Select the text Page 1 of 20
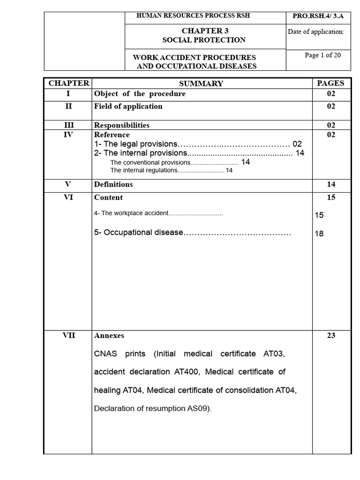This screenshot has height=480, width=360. coord(322,55)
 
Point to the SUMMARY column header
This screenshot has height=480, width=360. coord(201,83)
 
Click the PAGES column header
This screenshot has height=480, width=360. coord(330,83)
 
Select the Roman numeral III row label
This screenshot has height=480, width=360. coord(68,125)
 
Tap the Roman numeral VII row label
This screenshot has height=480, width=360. coord(68,336)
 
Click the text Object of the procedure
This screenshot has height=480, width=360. coord(140,94)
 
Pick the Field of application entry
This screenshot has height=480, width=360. coord(128,106)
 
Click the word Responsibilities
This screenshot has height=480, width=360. coord(122,125)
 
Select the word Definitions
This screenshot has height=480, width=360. coord(113,184)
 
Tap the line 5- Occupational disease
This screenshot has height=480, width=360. coord(192,232)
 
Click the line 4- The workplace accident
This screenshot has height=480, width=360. coord(158,213)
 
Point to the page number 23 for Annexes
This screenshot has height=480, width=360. coord(331,336)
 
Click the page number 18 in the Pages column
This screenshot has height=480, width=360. coord(320,234)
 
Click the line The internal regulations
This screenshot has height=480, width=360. coord(172,171)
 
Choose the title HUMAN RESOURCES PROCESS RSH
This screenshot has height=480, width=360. coord(193,15)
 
